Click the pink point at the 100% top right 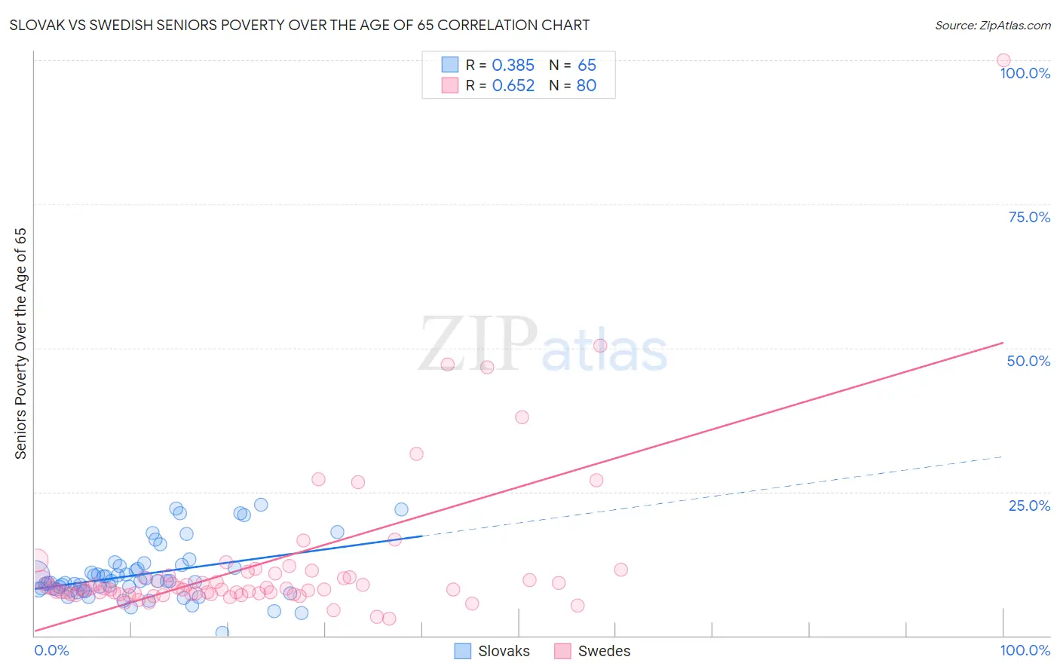point(1003,60)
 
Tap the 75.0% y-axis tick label point(1029,217)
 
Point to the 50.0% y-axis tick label point(1028,361)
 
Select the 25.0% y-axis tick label point(1029,506)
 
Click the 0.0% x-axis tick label point(51,650)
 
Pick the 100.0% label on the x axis point(1025,650)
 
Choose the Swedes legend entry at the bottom point(593,651)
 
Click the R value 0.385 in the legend point(513,66)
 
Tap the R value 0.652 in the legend point(513,86)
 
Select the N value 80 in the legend point(587,86)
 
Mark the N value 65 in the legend point(587,66)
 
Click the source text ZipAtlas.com point(1014,25)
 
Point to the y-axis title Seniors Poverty point(20,344)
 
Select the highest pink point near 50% point(600,346)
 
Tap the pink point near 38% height point(522,417)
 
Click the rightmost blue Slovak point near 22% point(401,509)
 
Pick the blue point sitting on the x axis point(222,632)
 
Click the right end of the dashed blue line point(1002,457)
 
